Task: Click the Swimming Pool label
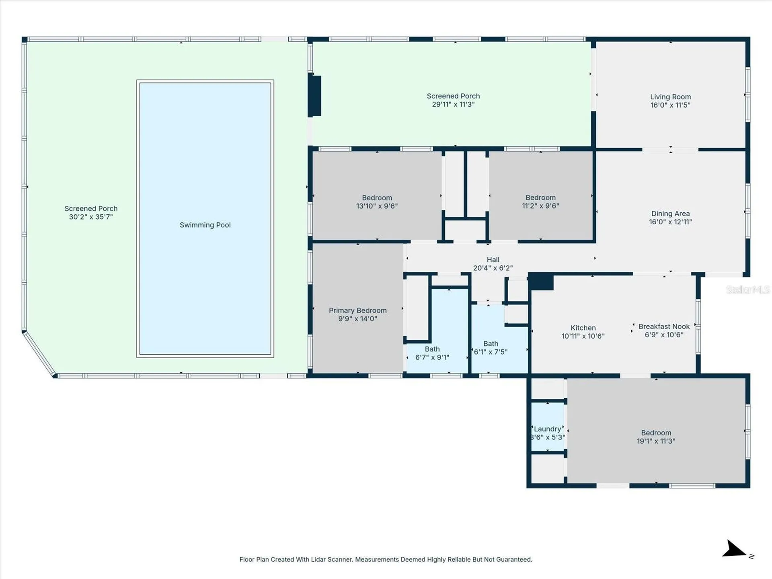(x=205, y=225)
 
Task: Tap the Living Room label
(x=670, y=97)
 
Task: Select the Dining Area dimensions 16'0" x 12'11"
(x=670, y=222)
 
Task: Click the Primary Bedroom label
(x=357, y=311)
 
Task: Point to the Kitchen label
(x=583, y=328)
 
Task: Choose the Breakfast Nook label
(x=664, y=327)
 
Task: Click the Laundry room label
(x=547, y=429)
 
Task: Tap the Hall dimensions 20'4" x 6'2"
(x=493, y=268)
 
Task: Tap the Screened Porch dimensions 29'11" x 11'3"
(x=453, y=105)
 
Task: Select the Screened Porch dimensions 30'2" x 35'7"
(x=91, y=217)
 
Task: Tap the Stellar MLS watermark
(x=747, y=289)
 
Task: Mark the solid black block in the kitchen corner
(x=541, y=281)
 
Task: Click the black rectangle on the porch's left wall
(x=314, y=96)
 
